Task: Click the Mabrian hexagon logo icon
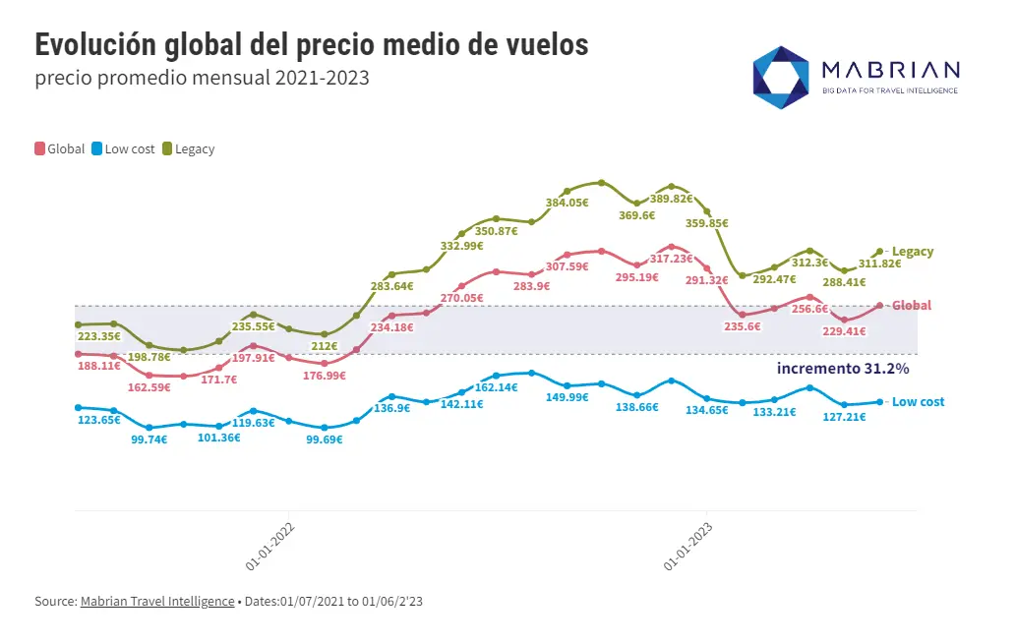(781, 77)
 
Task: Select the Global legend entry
(60, 149)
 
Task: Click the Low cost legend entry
(123, 149)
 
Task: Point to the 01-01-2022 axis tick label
(271, 546)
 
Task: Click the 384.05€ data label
(567, 203)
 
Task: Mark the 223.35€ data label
(98, 336)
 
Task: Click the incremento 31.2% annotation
(843, 368)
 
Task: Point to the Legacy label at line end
(913, 252)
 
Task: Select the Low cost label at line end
(918, 402)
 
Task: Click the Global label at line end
(912, 306)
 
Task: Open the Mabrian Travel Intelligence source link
(157, 601)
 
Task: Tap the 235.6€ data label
(743, 326)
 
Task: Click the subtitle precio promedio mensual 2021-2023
(202, 78)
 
